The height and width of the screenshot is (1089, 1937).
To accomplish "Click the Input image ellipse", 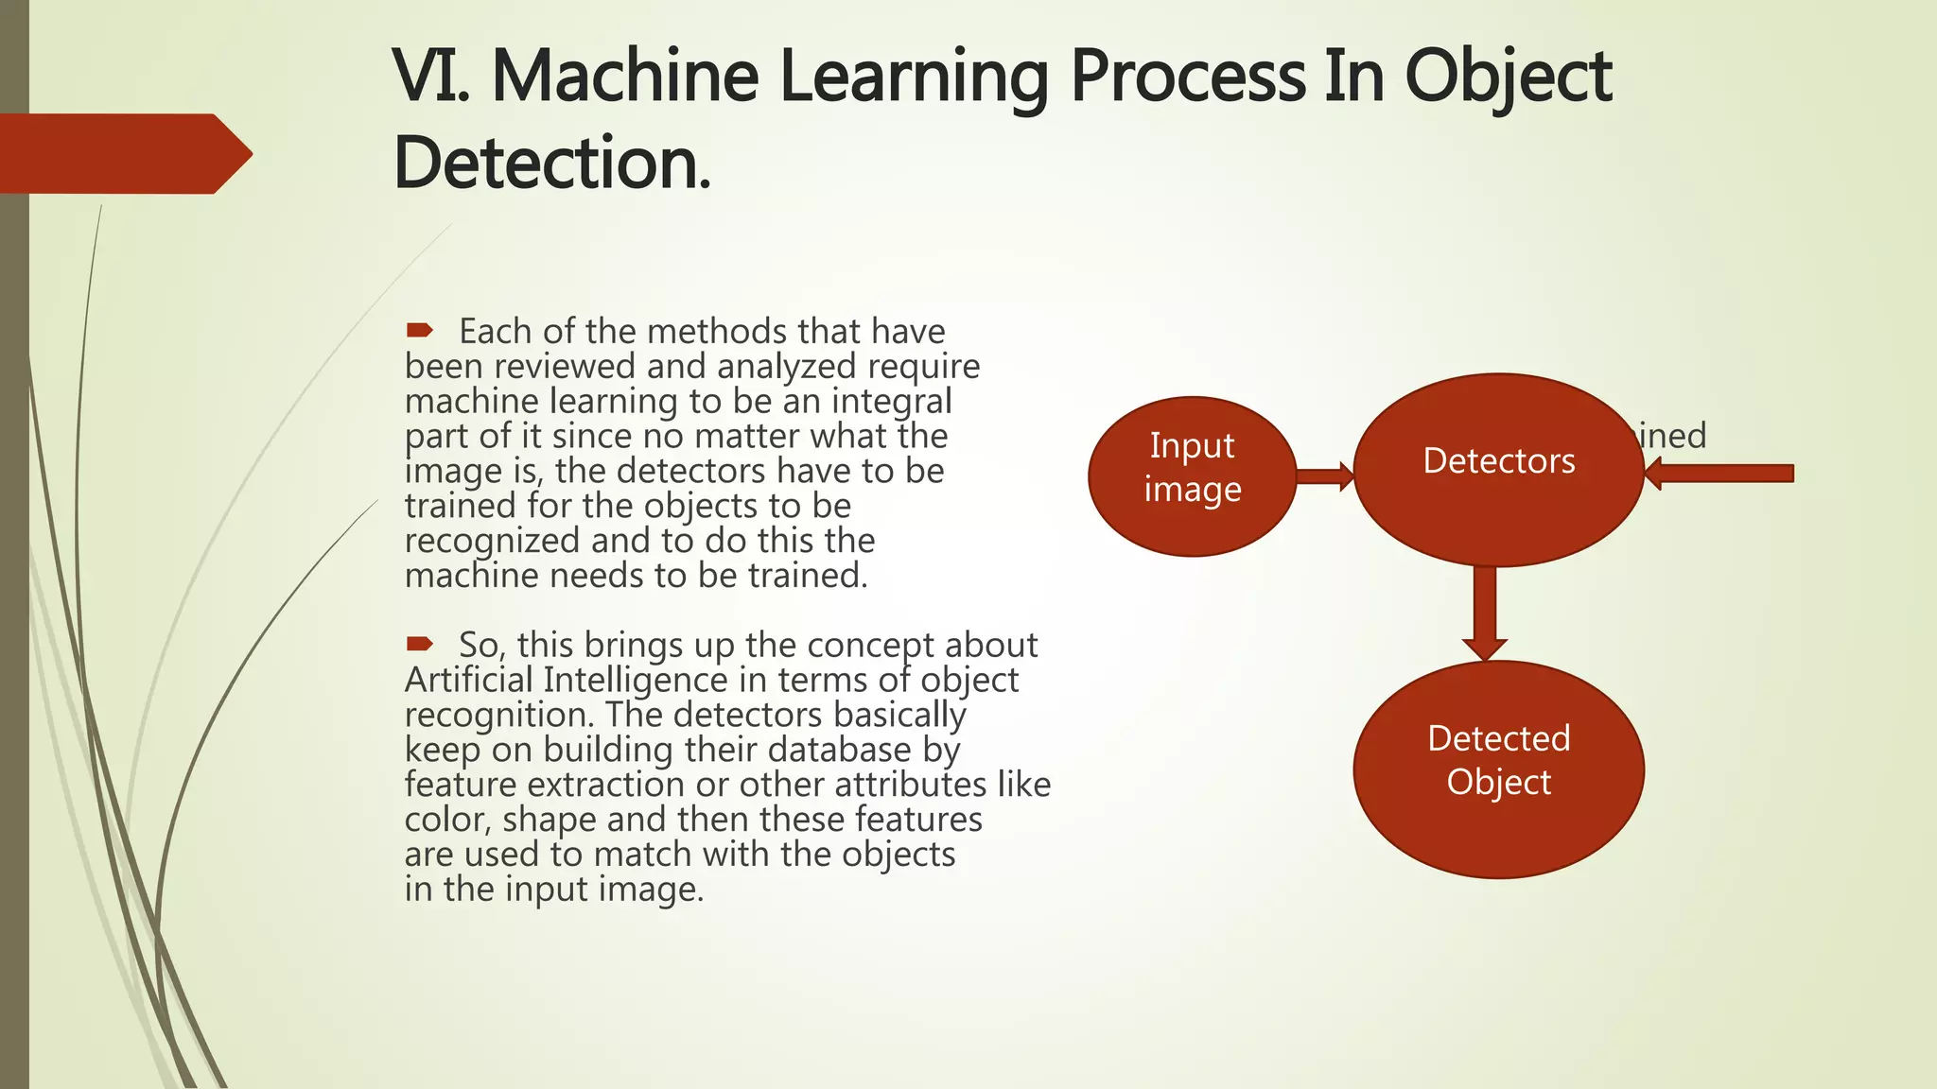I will point(1192,475).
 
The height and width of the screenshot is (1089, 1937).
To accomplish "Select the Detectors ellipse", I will point(1498,469).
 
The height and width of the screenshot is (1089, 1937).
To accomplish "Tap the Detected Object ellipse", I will point(1498,769).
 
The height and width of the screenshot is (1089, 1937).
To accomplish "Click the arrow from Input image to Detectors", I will point(1325,475).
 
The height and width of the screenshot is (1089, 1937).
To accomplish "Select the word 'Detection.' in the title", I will point(551,164).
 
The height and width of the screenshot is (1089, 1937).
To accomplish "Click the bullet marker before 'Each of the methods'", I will point(419,330).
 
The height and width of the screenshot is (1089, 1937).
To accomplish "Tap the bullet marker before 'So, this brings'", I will point(419,644).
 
